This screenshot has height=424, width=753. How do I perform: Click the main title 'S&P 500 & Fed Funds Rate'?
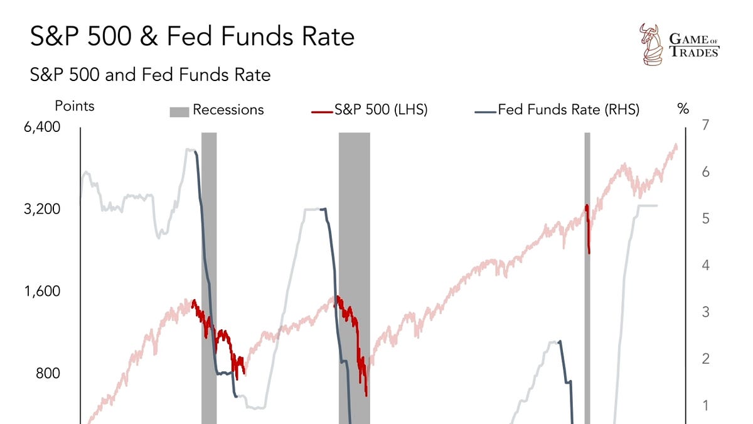192,36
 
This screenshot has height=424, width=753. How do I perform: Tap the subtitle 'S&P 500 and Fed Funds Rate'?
151,75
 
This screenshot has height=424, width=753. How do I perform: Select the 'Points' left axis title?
75,106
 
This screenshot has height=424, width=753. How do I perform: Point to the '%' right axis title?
683,109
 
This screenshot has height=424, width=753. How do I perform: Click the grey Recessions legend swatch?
179,111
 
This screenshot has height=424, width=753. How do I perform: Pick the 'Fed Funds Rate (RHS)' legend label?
569,110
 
